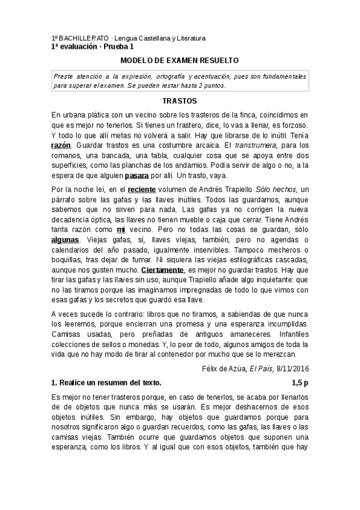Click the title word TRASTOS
[180, 102]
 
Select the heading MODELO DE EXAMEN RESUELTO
[180, 61]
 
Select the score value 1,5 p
[299, 382]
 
